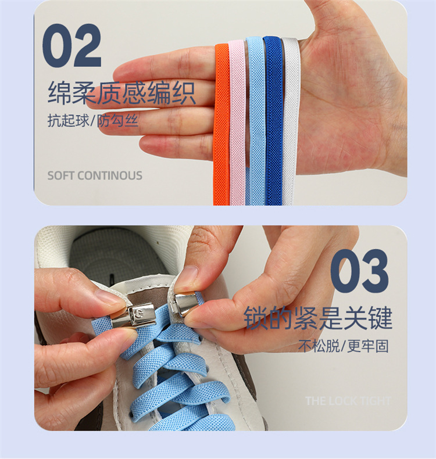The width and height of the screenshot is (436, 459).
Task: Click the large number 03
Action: (x=359, y=271)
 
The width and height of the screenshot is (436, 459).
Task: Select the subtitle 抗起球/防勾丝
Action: (x=93, y=123)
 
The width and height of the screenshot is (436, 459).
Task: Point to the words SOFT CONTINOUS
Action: (x=95, y=175)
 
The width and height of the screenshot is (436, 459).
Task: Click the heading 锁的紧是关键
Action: (x=318, y=319)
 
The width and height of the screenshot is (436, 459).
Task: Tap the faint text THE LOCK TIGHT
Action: (x=348, y=401)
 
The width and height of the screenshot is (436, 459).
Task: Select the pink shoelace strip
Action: (x=237, y=122)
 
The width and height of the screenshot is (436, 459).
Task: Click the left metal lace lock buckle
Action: (x=141, y=316)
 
